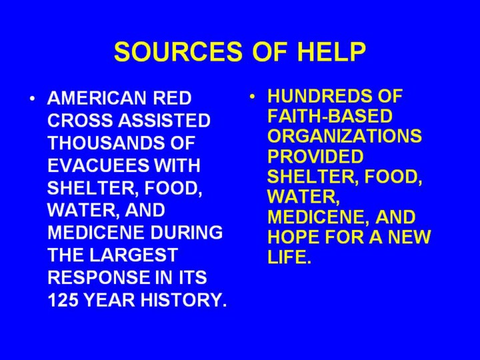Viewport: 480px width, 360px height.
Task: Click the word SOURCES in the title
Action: pos(178,51)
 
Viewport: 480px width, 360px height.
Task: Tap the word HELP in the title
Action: pos(331,51)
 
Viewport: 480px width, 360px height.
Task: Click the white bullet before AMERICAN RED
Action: pos(33,98)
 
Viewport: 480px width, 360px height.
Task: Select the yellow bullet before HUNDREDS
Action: pos(252,97)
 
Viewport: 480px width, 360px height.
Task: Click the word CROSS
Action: pos(81,120)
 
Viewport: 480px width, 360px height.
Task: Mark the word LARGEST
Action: pos(134,255)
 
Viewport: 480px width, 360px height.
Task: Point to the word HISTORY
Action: pos(184,299)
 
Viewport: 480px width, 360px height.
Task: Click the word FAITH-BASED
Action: pos(330,116)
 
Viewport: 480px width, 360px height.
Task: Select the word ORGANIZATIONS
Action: pos(345,136)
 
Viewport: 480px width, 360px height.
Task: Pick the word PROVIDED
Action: pos(315,156)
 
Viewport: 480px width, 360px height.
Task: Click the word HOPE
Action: pos(293,237)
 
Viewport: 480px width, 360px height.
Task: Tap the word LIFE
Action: pos(289,257)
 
